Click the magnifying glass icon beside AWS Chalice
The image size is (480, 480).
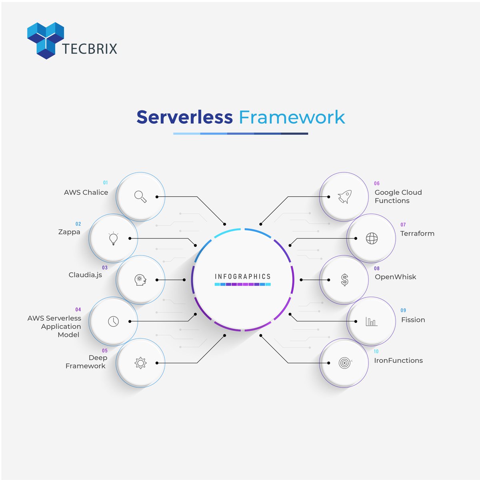140,196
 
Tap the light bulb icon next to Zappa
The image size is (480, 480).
114,238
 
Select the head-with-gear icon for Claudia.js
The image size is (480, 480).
140,280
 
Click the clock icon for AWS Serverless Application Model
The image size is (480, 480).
114,321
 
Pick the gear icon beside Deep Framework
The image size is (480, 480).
140,363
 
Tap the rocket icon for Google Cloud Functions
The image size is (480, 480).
344,196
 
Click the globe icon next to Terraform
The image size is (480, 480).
372,238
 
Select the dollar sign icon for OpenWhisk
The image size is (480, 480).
344,280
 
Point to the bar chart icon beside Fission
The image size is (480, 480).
371,321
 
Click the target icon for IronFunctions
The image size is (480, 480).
344,363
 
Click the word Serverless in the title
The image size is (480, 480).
184,117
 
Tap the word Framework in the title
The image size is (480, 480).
292,117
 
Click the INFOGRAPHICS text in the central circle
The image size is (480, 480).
243,276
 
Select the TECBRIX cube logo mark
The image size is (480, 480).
46,40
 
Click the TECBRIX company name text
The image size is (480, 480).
90,49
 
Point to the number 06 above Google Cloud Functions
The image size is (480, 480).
377,184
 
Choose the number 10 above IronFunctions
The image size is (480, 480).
376,352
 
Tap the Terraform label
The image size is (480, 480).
417,234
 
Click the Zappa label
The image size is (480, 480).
69,232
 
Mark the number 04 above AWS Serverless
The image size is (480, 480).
78,310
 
